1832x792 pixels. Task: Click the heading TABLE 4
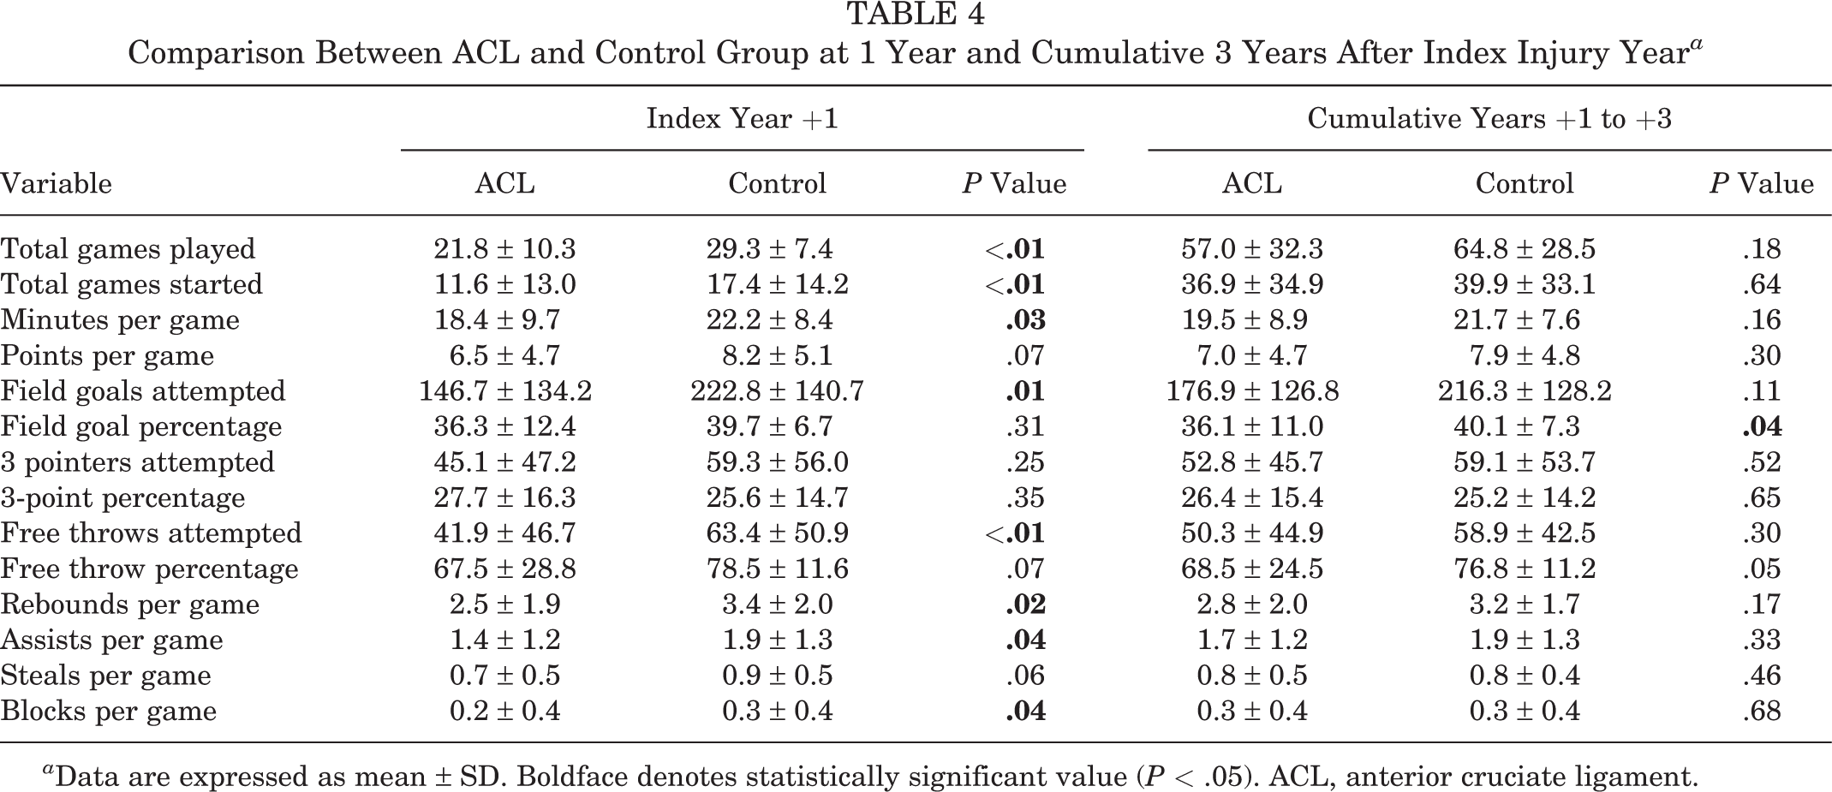click(916, 14)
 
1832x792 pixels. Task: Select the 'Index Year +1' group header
click(742, 118)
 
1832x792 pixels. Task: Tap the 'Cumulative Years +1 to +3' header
click(1489, 118)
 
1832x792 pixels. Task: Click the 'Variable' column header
click(57, 183)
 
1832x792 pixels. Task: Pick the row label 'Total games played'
click(128, 249)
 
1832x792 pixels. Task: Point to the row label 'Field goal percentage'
click(141, 426)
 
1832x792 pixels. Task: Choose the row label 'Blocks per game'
click(109, 711)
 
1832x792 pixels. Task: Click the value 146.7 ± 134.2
click(505, 391)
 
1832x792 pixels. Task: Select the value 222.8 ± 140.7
click(778, 391)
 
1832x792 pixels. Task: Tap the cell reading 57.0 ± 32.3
click(1252, 249)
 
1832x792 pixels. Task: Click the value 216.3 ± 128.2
click(1525, 391)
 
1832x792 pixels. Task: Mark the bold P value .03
click(1025, 320)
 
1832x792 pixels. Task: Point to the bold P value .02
click(1025, 604)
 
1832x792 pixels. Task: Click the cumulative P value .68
click(1762, 711)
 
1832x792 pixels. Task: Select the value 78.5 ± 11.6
click(778, 569)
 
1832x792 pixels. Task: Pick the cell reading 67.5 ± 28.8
click(505, 569)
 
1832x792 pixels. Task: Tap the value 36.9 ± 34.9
click(1252, 284)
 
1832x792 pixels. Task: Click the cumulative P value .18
click(1762, 249)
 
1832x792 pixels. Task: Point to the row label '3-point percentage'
click(122, 497)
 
